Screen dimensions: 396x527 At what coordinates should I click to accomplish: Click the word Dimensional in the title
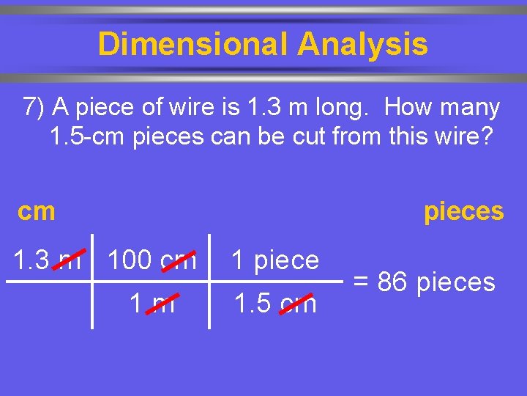193,44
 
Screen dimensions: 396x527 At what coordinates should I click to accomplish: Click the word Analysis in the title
362,44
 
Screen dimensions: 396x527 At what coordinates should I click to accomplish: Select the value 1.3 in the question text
260,108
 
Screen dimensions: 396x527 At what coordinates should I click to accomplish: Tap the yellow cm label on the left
37,211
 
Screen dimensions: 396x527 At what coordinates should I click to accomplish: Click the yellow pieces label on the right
463,211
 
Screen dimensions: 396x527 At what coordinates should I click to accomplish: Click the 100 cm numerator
152,260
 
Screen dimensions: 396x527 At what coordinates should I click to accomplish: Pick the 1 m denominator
152,303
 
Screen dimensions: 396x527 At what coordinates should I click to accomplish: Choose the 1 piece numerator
275,260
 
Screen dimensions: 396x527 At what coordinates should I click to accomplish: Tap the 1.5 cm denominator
275,303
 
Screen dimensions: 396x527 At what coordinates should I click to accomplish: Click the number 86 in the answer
393,282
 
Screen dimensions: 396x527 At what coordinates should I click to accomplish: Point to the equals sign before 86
361,282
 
